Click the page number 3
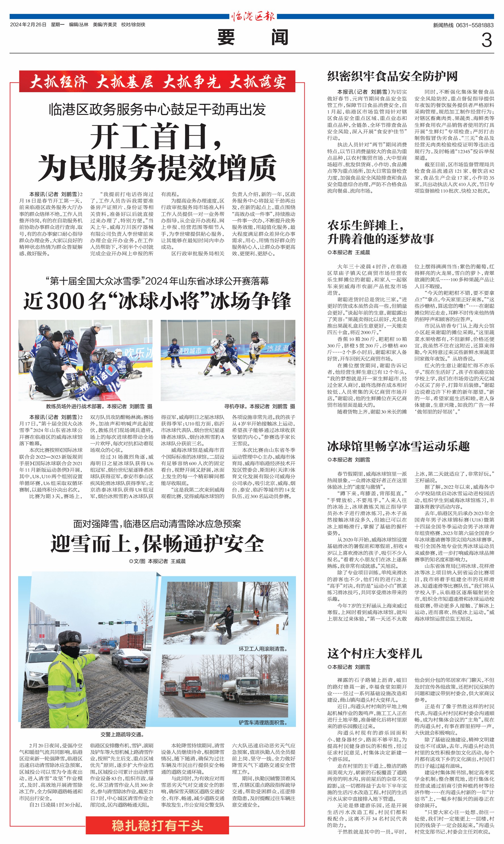tap(486, 40)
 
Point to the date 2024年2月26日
tap(28, 24)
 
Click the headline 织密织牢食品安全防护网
tap(392, 76)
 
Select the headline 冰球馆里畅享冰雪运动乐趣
tap(398, 446)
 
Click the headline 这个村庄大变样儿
tap(375, 653)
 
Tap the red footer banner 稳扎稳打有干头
tap(157, 825)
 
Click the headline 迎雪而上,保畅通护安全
tap(157, 543)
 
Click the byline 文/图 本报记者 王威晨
tap(157, 561)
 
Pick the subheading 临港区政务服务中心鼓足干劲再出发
tap(157, 109)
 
